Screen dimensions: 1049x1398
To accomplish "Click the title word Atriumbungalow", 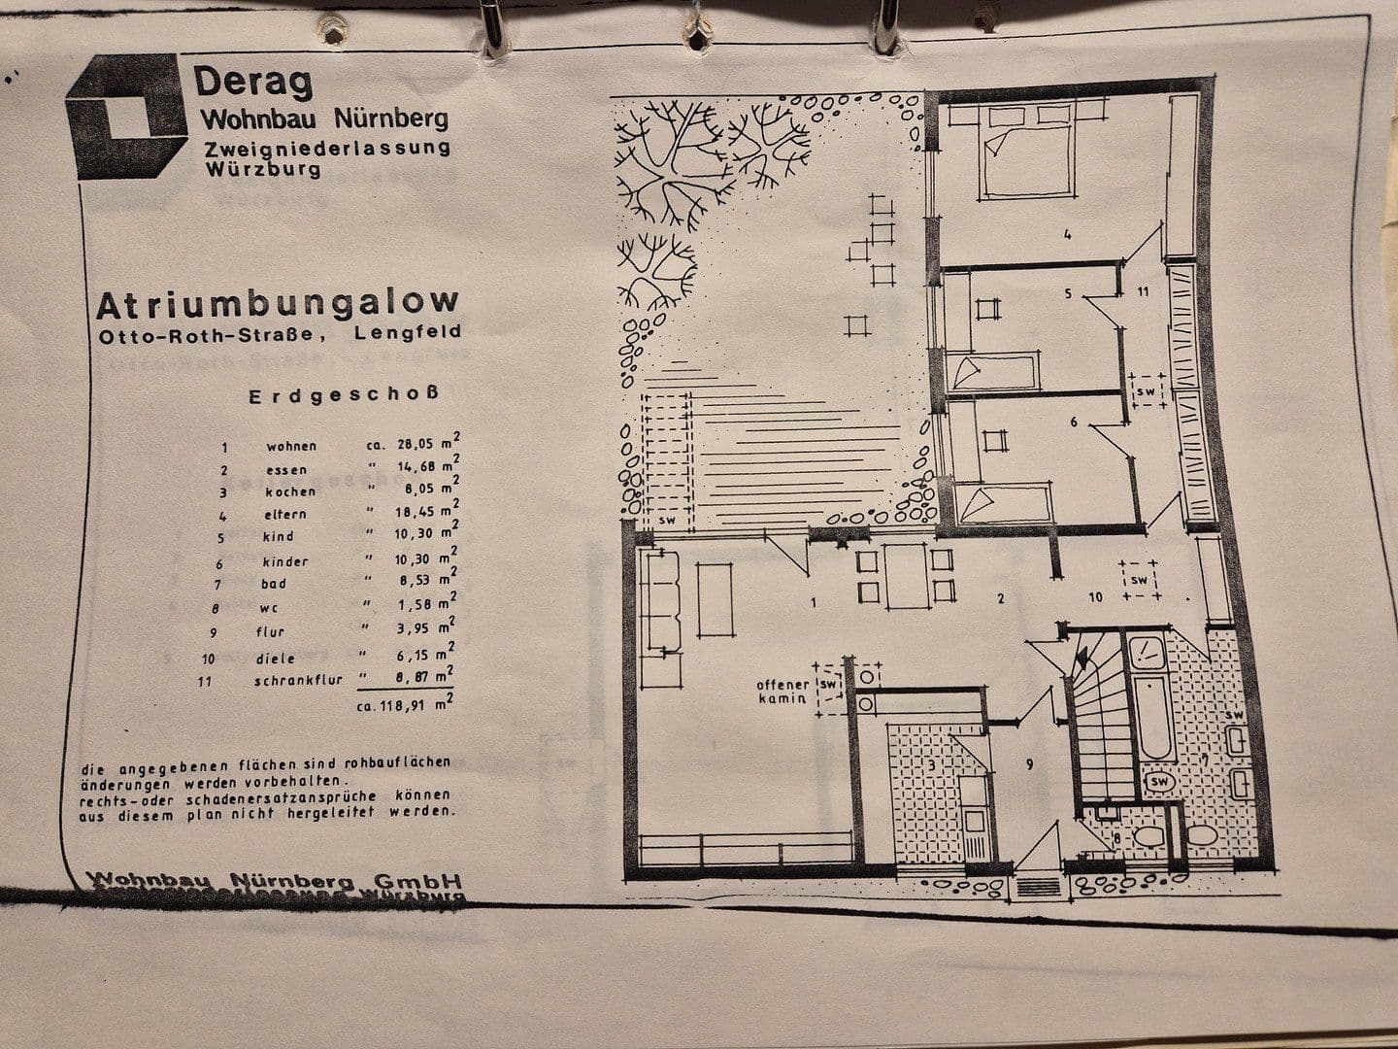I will (x=277, y=306).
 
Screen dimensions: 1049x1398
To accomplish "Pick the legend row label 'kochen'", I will (x=289, y=491).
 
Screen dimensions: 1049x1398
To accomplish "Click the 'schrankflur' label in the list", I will (x=298, y=681).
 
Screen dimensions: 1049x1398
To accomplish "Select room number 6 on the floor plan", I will (x=1073, y=422).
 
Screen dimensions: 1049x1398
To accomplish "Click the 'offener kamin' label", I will (x=782, y=692).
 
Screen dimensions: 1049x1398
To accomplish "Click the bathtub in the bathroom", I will (x=1153, y=719).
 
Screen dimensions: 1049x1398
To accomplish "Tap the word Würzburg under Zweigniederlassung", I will (x=262, y=169).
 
